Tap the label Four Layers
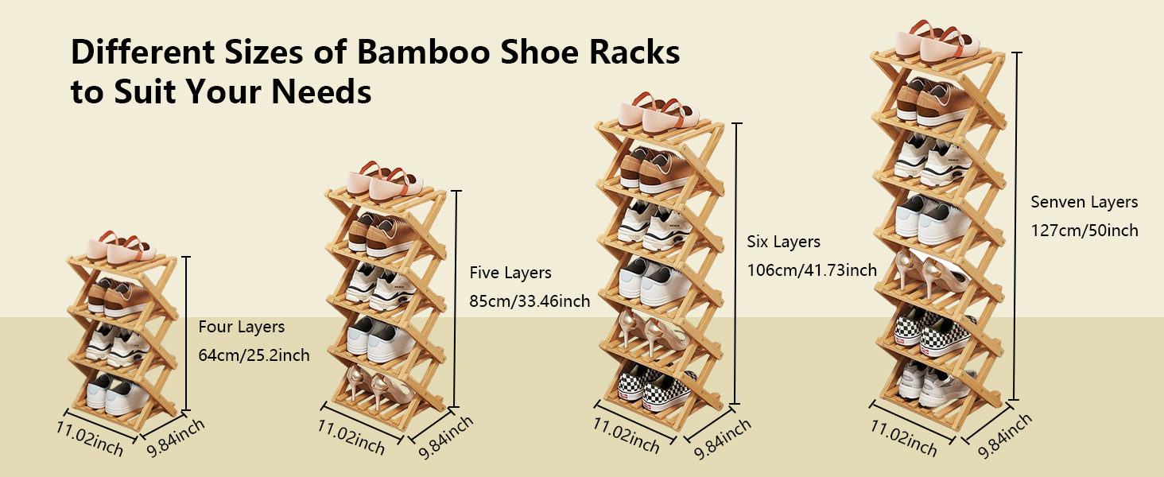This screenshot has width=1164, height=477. coord(241,327)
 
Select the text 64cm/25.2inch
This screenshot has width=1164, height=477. coord(254,355)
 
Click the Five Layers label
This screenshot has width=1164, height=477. coord(510,273)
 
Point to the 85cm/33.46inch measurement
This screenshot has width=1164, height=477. coord(530,301)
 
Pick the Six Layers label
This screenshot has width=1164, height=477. coord(783,241)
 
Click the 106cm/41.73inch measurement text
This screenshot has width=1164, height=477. coord(812,270)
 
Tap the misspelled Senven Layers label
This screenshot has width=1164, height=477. coord(1084,202)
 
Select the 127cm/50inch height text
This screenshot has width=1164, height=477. coord(1084,231)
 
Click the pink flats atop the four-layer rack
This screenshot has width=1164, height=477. coord(121,249)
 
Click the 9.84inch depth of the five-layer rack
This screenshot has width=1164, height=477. coord(445,436)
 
